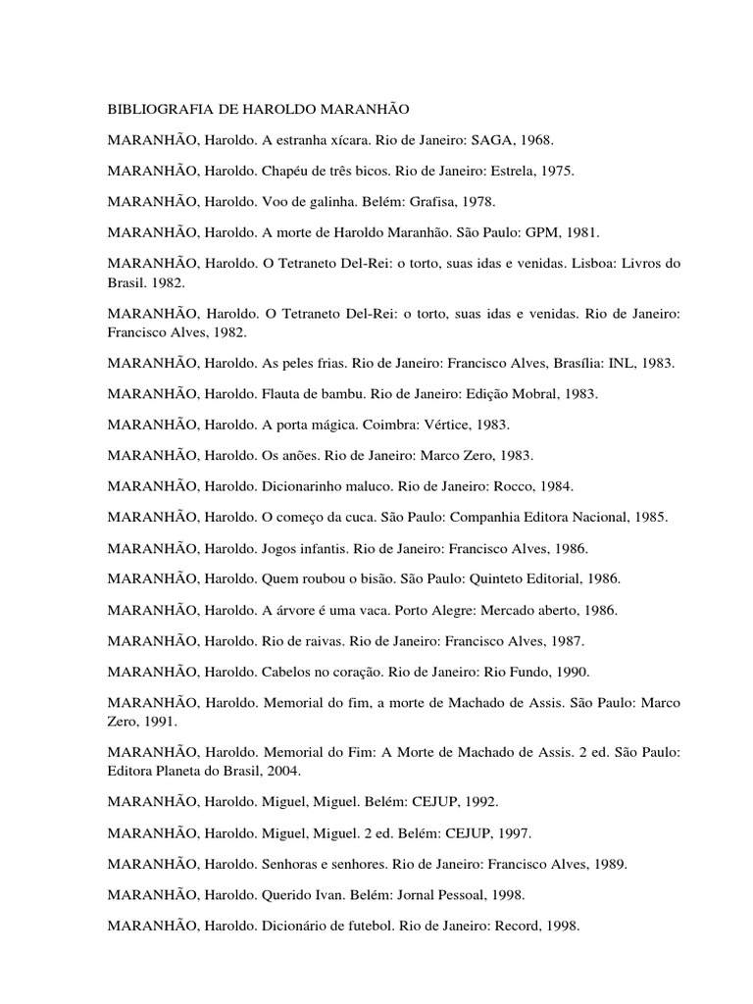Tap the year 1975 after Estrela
click(x=556, y=171)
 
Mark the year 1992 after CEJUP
click(x=478, y=801)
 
